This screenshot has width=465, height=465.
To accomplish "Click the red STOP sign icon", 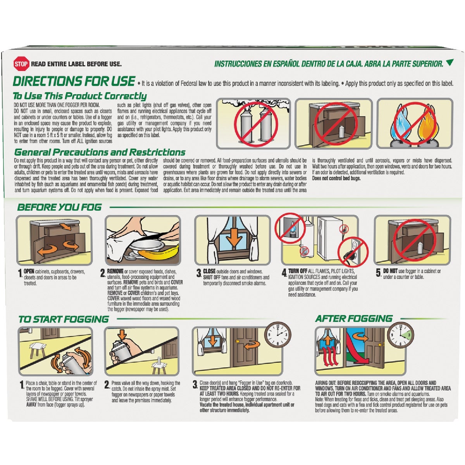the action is [21, 64].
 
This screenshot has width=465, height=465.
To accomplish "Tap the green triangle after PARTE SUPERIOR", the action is [449, 62].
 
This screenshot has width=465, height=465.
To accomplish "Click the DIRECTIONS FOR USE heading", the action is [74, 81].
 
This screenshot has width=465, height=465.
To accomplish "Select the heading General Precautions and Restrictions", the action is [100, 152].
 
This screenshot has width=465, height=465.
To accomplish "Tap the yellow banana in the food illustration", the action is [159, 252].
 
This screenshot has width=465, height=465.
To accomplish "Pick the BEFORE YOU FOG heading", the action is [59, 207].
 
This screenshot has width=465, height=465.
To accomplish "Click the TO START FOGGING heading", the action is [64, 319].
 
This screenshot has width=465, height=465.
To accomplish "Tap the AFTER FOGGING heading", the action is [354, 319].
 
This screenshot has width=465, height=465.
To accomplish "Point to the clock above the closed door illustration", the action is [278, 335].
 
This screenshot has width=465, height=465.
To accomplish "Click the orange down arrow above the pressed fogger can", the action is [122, 334].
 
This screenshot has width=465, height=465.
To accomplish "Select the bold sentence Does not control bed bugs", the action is [336, 178].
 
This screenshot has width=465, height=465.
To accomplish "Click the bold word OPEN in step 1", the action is [29, 271].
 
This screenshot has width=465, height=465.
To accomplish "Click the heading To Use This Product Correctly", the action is [80, 96].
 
